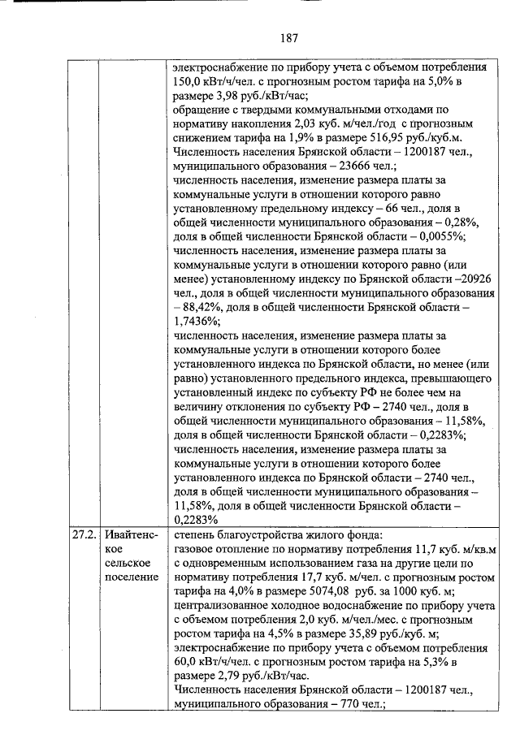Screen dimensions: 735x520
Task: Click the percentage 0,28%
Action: point(458,222)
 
